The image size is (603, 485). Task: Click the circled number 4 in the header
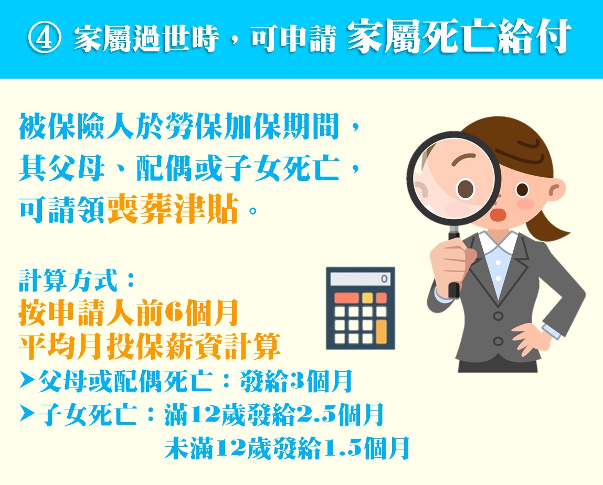[44, 39]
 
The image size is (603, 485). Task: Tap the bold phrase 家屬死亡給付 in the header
[458, 37]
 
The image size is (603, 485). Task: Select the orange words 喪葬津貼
[173, 209]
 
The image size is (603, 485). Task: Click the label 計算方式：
[77, 280]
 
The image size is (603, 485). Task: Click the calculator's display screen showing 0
[361, 278]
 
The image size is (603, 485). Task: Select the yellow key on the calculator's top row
[368, 297]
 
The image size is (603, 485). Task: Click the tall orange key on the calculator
[381, 332]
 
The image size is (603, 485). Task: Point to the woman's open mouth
[499, 215]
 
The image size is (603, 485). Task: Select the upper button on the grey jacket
[498, 316]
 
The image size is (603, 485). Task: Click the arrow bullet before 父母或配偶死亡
[28, 381]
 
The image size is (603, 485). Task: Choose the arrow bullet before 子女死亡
[28, 414]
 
